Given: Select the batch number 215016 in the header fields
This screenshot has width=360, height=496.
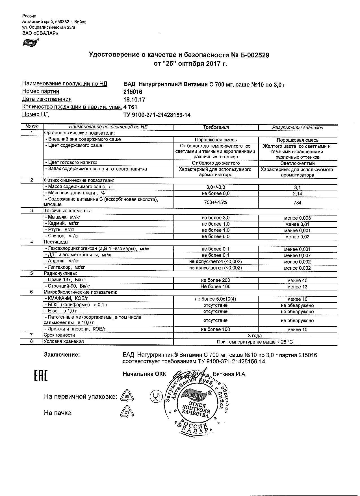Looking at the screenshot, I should point(133,92).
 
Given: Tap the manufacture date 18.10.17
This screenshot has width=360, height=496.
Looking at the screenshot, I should point(135,100).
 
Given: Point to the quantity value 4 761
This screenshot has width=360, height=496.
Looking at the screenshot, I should point(130,107).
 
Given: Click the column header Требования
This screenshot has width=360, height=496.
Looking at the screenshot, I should point(216,128).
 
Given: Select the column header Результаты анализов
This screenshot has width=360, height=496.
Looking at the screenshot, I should point(297,128).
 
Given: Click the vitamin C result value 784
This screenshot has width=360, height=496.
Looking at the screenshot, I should point(297,203).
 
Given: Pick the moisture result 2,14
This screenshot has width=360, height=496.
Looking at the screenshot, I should point(297,194).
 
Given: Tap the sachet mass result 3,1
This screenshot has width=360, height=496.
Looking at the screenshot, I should point(297,187).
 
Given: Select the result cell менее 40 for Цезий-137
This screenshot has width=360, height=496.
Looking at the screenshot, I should point(297,281).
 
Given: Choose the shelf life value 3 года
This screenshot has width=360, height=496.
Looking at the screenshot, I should point(255,336).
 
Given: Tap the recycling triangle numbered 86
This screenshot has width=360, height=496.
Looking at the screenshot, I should point(127,397).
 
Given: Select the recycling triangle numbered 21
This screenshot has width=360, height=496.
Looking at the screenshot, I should point(127,413).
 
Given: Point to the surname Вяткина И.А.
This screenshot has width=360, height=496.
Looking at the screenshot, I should point(229,374).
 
